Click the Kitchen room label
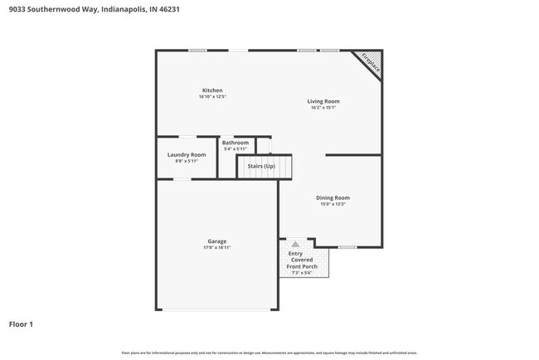pos(212,90)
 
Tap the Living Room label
pos(323,101)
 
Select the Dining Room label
pos(333,197)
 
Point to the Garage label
pos(216,241)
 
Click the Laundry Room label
pos(187,155)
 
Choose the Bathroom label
pos(236,143)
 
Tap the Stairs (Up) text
pos(262,167)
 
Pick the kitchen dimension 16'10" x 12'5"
pos(212,97)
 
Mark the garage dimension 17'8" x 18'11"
pos(216,248)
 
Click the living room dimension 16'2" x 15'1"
pos(323,108)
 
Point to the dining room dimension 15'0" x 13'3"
pos(333,204)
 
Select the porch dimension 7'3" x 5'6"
pos(301,273)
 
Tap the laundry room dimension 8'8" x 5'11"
pos(187,161)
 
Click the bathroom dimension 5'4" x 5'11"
pos(236,149)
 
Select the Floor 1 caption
pos(21,324)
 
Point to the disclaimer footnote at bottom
pos(269,353)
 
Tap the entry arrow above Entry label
pos(295,245)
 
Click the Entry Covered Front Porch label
pos(301,260)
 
